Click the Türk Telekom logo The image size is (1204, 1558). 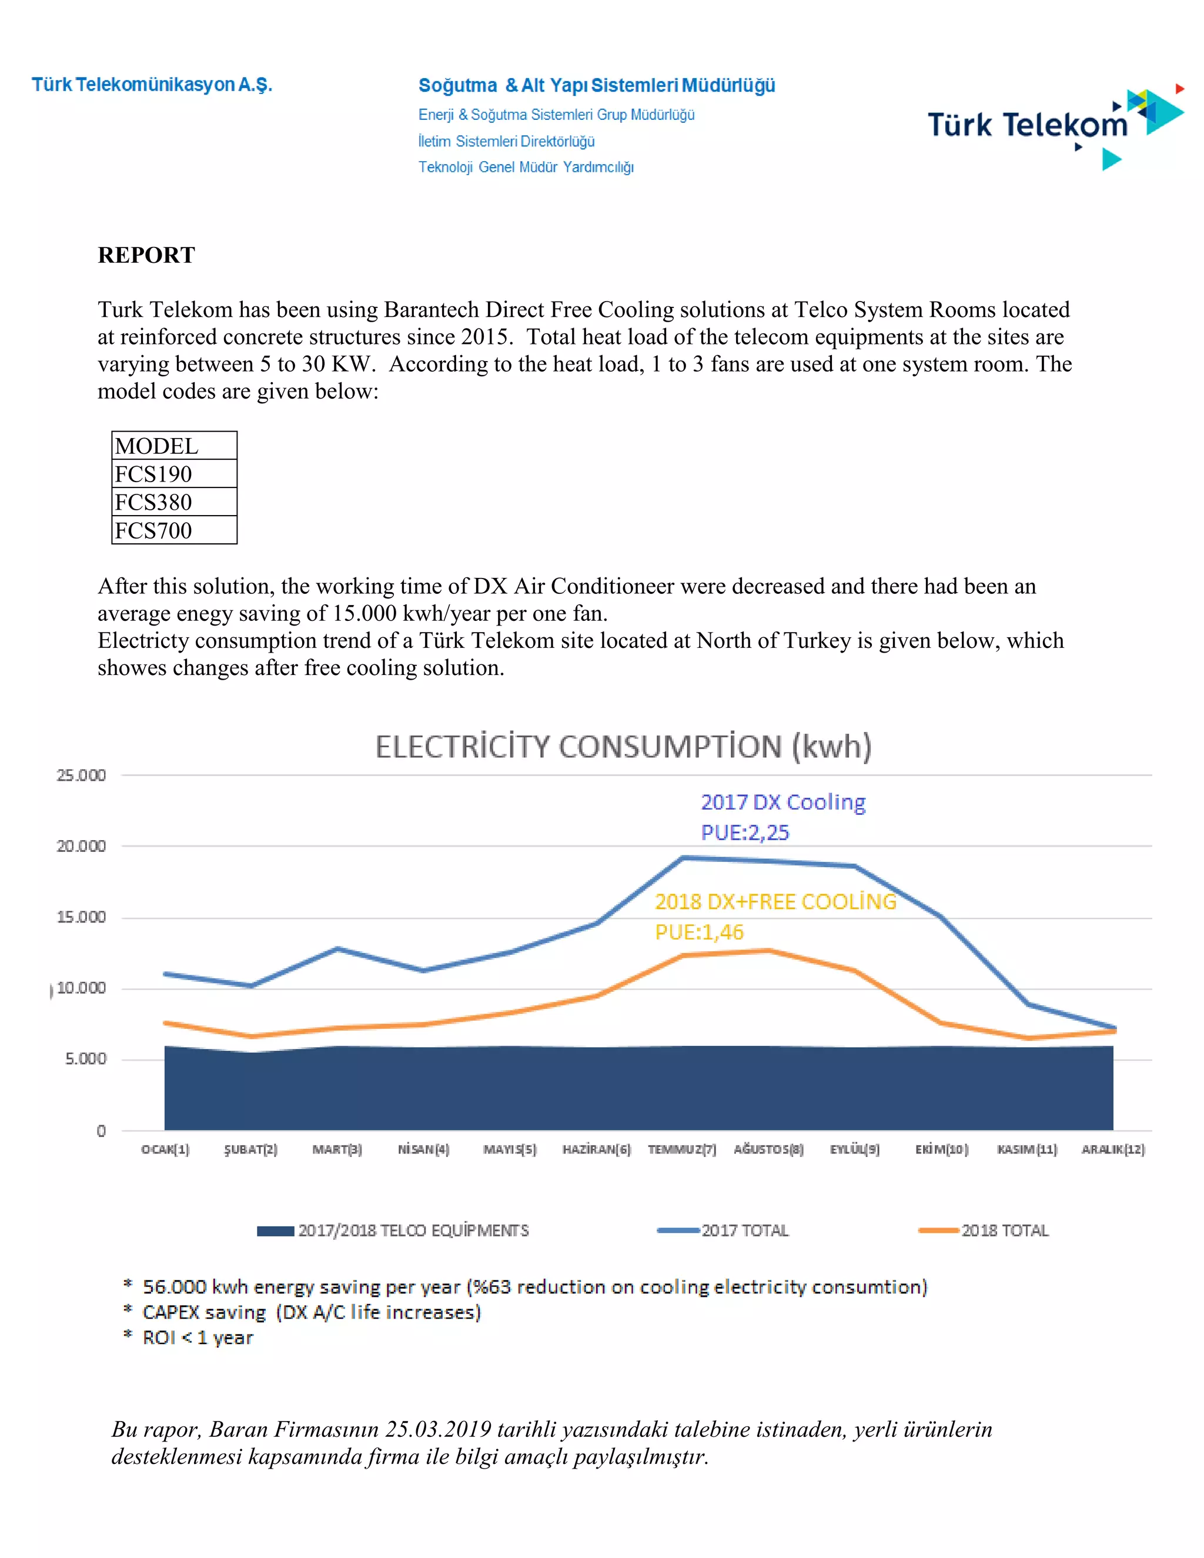tap(1056, 126)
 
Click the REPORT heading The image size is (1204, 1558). tap(146, 255)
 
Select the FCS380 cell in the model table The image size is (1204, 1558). tap(174, 501)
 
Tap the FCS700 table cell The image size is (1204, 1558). tap(174, 530)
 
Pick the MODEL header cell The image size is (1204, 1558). tap(174, 446)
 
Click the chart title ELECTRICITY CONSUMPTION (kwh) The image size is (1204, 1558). tap(623, 747)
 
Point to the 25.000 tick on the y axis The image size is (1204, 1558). tap(81, 775)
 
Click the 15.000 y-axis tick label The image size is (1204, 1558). tap(81, 917)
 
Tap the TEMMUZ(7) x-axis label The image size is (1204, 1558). tap(682, 1149)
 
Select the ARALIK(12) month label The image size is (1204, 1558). tap(1113, 1149)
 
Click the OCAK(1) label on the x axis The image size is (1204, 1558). tap(165, 1149)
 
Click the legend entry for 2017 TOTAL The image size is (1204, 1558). tap(723, 1231)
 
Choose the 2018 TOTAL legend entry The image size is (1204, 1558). tap(984, 1231)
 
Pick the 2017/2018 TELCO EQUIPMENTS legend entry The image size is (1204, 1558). tap(393, 1231)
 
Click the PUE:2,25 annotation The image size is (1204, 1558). tap(745, 833)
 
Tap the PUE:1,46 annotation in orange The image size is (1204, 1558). tap(699, 932)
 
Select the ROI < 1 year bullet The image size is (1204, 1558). tap(188, 1338)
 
